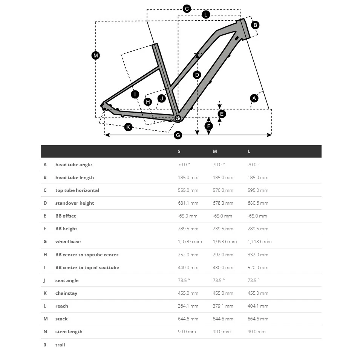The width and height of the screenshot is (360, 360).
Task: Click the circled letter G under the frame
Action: point(178,135)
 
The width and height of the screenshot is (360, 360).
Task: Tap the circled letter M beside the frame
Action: point(96,55)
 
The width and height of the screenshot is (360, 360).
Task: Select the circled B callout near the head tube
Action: point(255,25)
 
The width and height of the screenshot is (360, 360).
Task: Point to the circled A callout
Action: point(254,98)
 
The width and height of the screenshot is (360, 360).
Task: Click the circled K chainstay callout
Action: point(128,127)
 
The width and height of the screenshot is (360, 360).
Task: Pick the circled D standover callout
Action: point(197,75)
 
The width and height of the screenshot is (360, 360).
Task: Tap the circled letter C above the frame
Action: point(187,9)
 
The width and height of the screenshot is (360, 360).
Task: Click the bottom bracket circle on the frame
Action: point(178,118)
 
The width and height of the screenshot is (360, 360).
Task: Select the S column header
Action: point(179,152)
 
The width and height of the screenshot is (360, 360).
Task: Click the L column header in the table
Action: point(249,152)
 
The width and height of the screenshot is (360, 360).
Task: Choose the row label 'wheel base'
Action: point(68,242)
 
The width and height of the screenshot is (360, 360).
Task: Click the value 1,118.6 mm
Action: point(259,242)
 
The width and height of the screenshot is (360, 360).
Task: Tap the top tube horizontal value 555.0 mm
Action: point(188,190)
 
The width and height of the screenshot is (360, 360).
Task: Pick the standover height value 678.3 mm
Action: point(223,203)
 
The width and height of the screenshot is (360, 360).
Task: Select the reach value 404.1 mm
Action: point(258,306)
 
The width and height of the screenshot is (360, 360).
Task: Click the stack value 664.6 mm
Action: point(258,319)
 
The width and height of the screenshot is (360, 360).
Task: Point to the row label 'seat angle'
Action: point(67,280)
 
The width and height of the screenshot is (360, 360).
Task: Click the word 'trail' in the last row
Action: point(60,345)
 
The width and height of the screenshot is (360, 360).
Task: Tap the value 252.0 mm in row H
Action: point(188,255)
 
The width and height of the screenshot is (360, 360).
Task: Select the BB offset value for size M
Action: point(222,216)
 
